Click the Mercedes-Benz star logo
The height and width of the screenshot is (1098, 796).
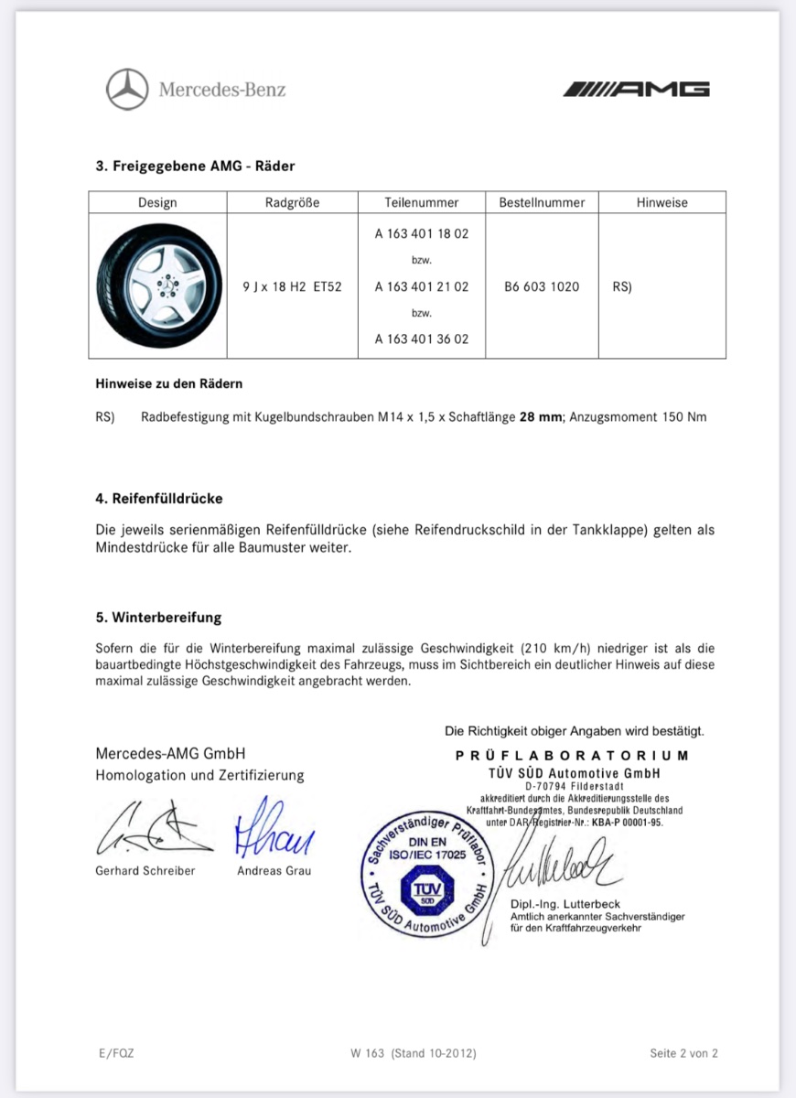pyautogui.click(x=127, y=90)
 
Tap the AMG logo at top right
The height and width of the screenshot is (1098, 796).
pyautogui.click(x=636, y=89)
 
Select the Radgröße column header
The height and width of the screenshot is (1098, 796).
pyautogui.click(x=292, y=202)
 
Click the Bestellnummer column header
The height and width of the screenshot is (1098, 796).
pyautogui.click(x=542, y=202)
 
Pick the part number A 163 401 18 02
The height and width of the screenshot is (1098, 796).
pyautogui.click(x=422, y=233)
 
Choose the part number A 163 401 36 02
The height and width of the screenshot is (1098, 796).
pyautogui.click(x=422, y=339)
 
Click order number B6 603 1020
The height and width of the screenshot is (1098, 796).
pyautogui.click(x=542, y=286)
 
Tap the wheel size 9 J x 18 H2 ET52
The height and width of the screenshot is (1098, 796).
pyautogui.click(x=292, y=286)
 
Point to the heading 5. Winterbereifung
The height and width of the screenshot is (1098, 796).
pyautogui.click(x=158, y=618)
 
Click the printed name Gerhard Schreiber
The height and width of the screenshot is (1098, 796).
pyautogui.click(x=145, y=871)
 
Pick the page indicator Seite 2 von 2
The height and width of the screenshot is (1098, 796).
pyautogui.click(x=683, y=1053)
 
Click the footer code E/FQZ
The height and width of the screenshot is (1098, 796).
pyautogui.click(x=115, y=1053)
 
